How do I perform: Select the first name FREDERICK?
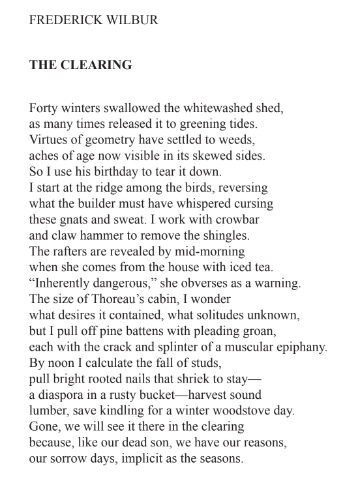(x=63, y=20)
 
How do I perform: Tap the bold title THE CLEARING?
(x=80, y=65)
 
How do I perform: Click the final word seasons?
(x=218, y=459)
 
